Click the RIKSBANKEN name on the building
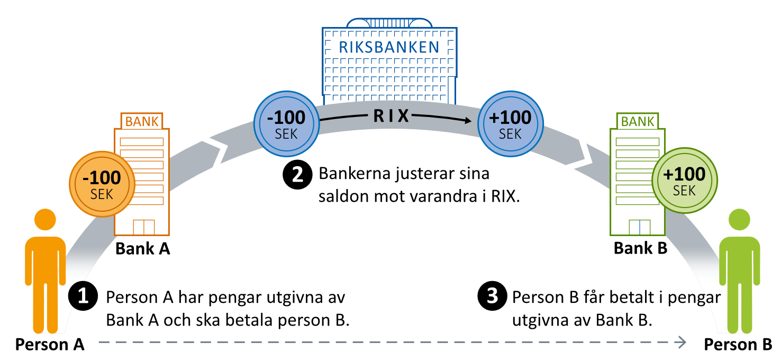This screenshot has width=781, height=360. click(389, 47)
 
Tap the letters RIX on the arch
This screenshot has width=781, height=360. click(392, 116)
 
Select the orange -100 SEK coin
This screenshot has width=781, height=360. click(102, 184)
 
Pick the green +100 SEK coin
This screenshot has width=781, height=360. click(685, 180)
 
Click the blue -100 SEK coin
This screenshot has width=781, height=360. click(286, 123)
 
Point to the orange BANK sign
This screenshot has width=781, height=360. click(142, 121)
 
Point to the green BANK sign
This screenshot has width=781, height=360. click(638, 122)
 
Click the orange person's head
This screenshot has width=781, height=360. click(46, 220)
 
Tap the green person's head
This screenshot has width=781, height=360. click(739, 220)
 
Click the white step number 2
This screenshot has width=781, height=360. click(298, 175)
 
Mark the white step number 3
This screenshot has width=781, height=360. click(492, 296)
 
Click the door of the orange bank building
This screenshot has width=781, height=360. click(143, 227)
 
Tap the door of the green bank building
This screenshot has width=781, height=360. click(639, 227)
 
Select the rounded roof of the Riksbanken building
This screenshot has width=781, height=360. click(389, 23)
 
